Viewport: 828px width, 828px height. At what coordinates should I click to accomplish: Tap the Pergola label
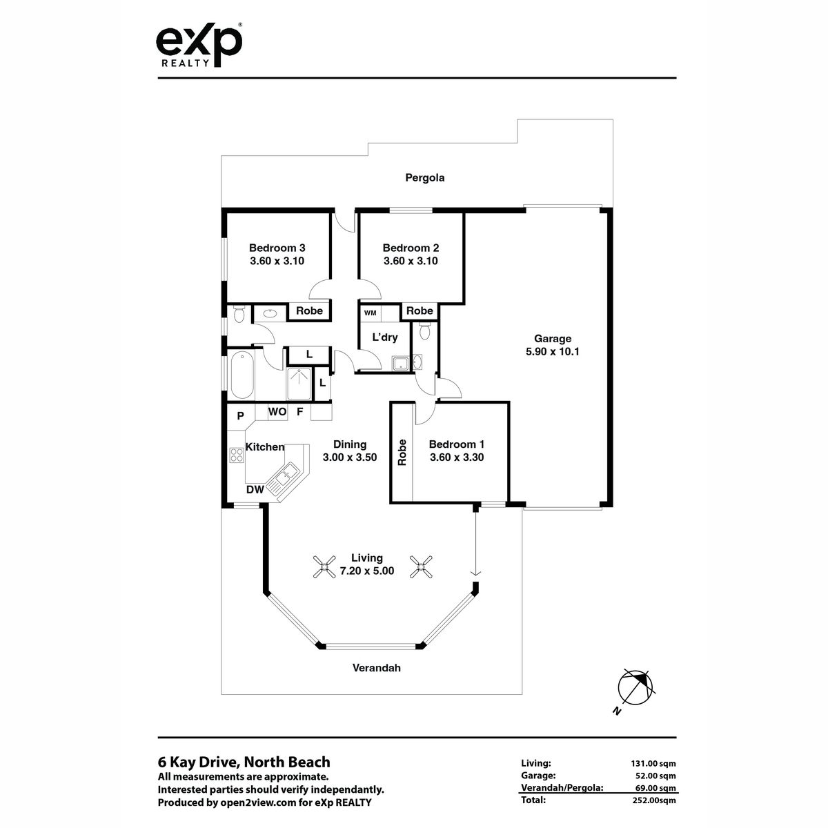[x=424, y=178]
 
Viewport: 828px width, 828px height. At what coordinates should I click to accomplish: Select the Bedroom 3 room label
[x=277, y=248]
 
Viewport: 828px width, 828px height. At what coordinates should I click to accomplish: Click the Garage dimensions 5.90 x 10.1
[x=552, y=351]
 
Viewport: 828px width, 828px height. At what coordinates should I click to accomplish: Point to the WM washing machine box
[x=370, y=313]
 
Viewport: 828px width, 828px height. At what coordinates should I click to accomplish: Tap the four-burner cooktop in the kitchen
[x=237, y=455]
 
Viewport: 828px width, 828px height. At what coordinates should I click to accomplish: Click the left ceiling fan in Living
[x=324, y=566]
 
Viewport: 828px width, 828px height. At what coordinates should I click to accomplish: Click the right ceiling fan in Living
[x=421, y=566]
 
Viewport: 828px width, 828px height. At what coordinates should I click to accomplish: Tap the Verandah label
[x=377, y=668]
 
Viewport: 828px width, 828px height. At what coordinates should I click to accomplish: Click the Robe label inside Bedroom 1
[x=402, y=453]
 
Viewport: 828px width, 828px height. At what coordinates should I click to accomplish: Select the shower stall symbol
[x=300, y=384]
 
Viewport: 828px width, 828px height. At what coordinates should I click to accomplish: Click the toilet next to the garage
[x=424, y=332]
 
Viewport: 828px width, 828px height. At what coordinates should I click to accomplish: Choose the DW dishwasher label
[x=255, y=489]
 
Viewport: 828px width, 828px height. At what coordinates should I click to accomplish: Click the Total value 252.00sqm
[x=654, y=800]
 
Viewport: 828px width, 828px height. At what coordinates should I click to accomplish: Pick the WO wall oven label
[x=277, y=412]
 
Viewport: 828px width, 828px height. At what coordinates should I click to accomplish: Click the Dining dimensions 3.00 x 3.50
[x=350, y=457]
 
